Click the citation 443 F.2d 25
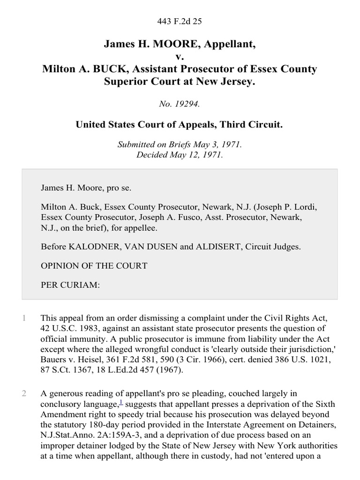180,21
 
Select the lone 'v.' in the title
180,57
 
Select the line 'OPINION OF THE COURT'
94,266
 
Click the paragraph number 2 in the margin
24,393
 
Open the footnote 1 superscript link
121,401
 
